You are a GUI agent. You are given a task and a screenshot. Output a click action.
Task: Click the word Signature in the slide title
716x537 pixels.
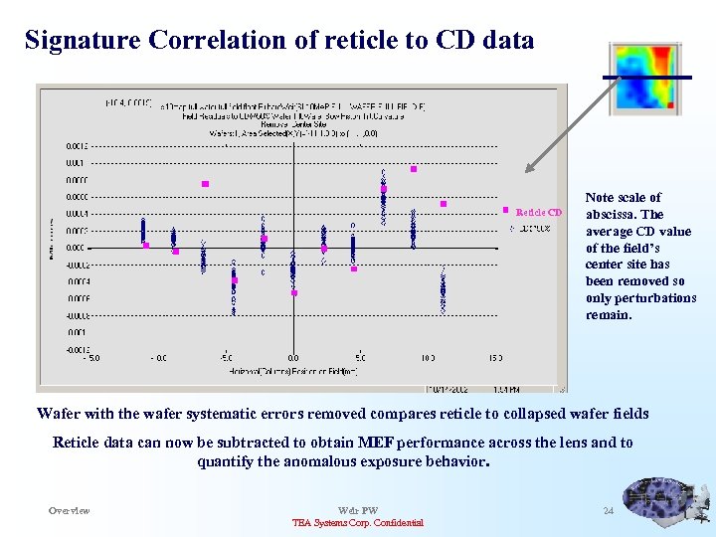tap(84, 41)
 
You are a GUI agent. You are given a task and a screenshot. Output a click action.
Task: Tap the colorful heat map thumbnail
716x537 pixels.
tap(647, 77)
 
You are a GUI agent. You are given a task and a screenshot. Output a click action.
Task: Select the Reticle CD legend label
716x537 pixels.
tap(540, 212)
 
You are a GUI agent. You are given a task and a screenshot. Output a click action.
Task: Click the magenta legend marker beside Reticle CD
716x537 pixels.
tap(506, 210)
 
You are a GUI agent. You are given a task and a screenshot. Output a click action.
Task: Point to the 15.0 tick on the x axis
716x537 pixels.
tap(494, 357)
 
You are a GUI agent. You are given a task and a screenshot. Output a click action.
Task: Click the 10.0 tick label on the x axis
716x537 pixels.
tap(427, 357)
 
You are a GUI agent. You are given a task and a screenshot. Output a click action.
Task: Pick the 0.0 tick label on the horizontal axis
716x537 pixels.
tap(292, 357)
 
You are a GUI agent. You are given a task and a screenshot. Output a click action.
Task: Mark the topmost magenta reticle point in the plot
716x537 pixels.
tap(413, 169)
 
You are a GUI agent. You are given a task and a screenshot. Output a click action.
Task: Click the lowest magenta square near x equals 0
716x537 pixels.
tap(294, 293)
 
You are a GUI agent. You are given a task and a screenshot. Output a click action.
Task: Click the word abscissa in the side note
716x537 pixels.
tap(611, 215)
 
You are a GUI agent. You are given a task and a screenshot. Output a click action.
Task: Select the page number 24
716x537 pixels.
tap(609, 511)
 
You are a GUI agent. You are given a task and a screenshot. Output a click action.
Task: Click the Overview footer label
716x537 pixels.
tap(70, 511)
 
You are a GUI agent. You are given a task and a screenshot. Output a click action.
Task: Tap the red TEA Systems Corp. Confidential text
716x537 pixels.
tap(358, 523)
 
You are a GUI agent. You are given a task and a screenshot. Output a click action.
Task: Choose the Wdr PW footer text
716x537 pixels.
tap(358, 511)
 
